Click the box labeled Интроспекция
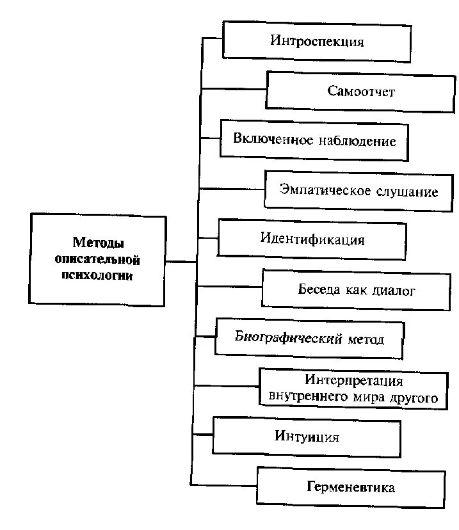(x=316, y=42)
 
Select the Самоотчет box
(x=361, y=91)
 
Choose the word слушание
(x=407, y=191)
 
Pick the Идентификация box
(x=312, y=240)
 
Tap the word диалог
(x=392, y=290)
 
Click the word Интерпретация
(x=353, y=381)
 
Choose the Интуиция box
(x=307, y=438)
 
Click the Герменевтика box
(x=350, y=488)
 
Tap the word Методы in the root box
(x=97, y=244)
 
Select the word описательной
(x=97, y=260)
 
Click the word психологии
(x=97, y=276)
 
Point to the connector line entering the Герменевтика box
(x=224, y=484)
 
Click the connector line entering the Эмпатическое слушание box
(x=232, y=189)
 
